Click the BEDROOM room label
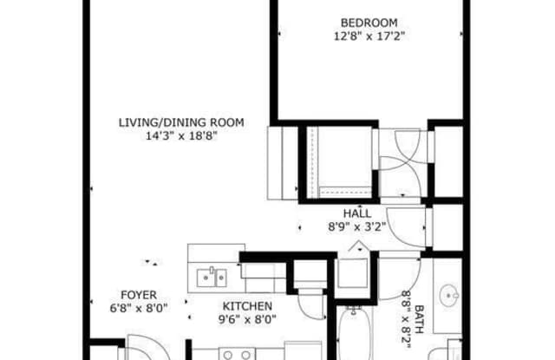point(369,23)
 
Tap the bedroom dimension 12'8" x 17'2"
point(369,36)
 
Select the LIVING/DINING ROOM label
point(181,122)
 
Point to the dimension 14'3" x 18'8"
point(181,136)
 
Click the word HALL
point(357,213)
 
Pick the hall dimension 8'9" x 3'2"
point(356,227)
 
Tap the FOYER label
point(139,295)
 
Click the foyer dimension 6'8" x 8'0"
point(139,308)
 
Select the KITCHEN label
point(247,306)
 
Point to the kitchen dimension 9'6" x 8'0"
point(247,319)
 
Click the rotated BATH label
point(419,319)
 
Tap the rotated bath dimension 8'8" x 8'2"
point(406,319)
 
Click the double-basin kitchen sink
point(212,278)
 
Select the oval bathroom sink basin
point(448,295)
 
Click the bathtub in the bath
point(355,333)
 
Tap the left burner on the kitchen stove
point(228,355)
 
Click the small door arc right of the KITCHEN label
point(305,311)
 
